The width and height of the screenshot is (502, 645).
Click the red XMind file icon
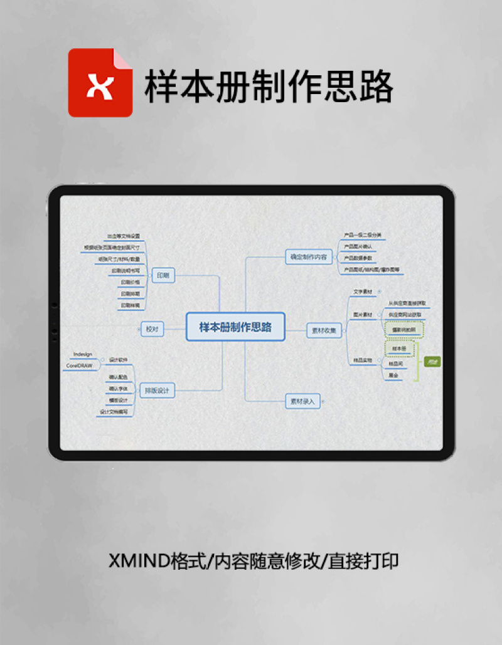point(100,83)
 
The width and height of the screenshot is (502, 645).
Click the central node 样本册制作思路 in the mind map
point(235,327)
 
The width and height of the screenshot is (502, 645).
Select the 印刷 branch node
point(163,275)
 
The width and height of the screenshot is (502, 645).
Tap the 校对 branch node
point(152,328)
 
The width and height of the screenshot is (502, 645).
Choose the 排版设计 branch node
point(157,391)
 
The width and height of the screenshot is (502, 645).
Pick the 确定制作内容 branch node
point(307,256)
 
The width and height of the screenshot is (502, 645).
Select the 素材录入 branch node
point(303,401)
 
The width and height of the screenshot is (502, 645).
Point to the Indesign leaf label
point(83,354)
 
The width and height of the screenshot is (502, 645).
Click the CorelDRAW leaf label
point(79,364)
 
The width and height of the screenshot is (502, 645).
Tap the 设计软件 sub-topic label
point(118,360)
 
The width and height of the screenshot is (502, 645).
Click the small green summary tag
point(432,362)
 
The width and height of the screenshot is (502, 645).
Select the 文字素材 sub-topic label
point(363,291)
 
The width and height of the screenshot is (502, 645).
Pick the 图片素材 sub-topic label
point(363,314)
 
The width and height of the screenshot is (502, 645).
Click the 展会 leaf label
point(393,375)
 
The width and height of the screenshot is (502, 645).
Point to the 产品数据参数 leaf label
point(358,258)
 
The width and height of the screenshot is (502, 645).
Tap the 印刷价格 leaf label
point(131,282)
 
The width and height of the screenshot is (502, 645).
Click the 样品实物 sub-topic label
point(363,360)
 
